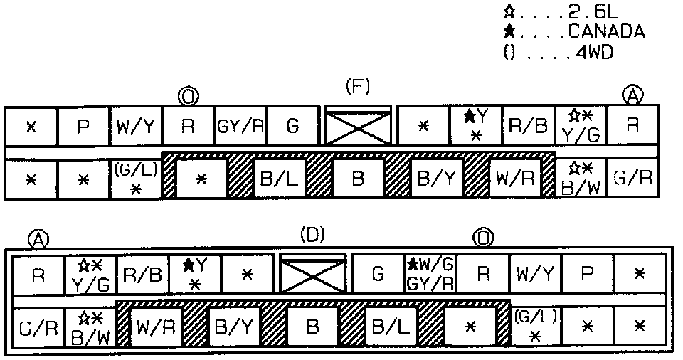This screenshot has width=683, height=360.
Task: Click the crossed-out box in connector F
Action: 358,127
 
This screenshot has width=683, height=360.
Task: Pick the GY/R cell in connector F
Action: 240,127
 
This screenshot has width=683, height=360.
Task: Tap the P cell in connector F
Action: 83,127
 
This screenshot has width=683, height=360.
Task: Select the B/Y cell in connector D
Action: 233,328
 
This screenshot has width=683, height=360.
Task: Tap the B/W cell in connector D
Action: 90,328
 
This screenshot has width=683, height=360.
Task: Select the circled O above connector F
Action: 188,95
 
